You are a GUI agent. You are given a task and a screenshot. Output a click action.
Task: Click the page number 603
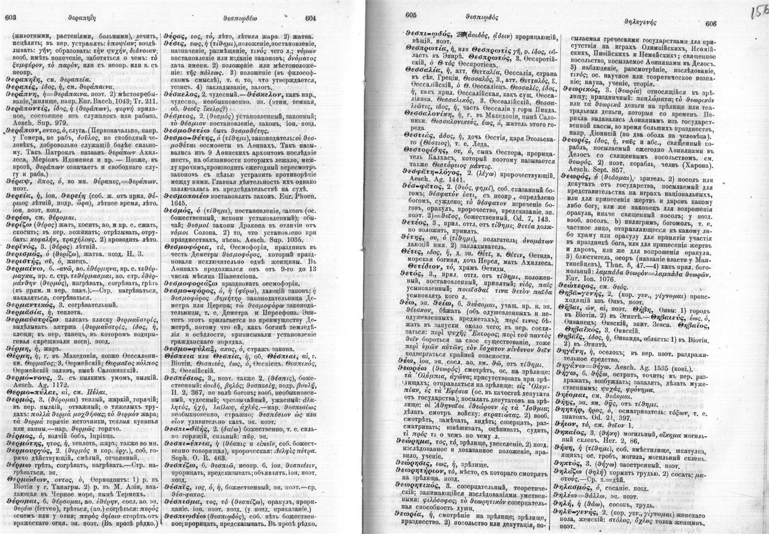coord(11,17)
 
